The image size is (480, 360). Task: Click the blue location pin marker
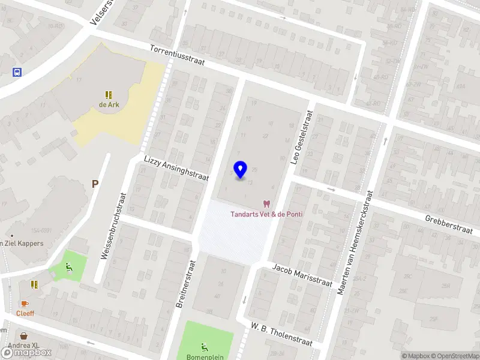(x=241, y=170)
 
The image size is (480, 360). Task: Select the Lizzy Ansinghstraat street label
(x=176, y=169)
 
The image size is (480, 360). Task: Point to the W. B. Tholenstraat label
(x=282, y=334)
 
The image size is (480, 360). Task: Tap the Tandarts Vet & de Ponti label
(x=267, y=215)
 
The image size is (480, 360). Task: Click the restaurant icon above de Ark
(x=108, y=95)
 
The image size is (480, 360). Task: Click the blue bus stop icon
(x=17, y=72)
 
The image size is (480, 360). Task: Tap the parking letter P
(x=95, y=184)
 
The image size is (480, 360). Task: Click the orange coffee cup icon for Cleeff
(x=25, y=304)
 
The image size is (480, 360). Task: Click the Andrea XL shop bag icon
(x=25, y=337)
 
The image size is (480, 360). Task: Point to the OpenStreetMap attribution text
(x=452, y=356)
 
